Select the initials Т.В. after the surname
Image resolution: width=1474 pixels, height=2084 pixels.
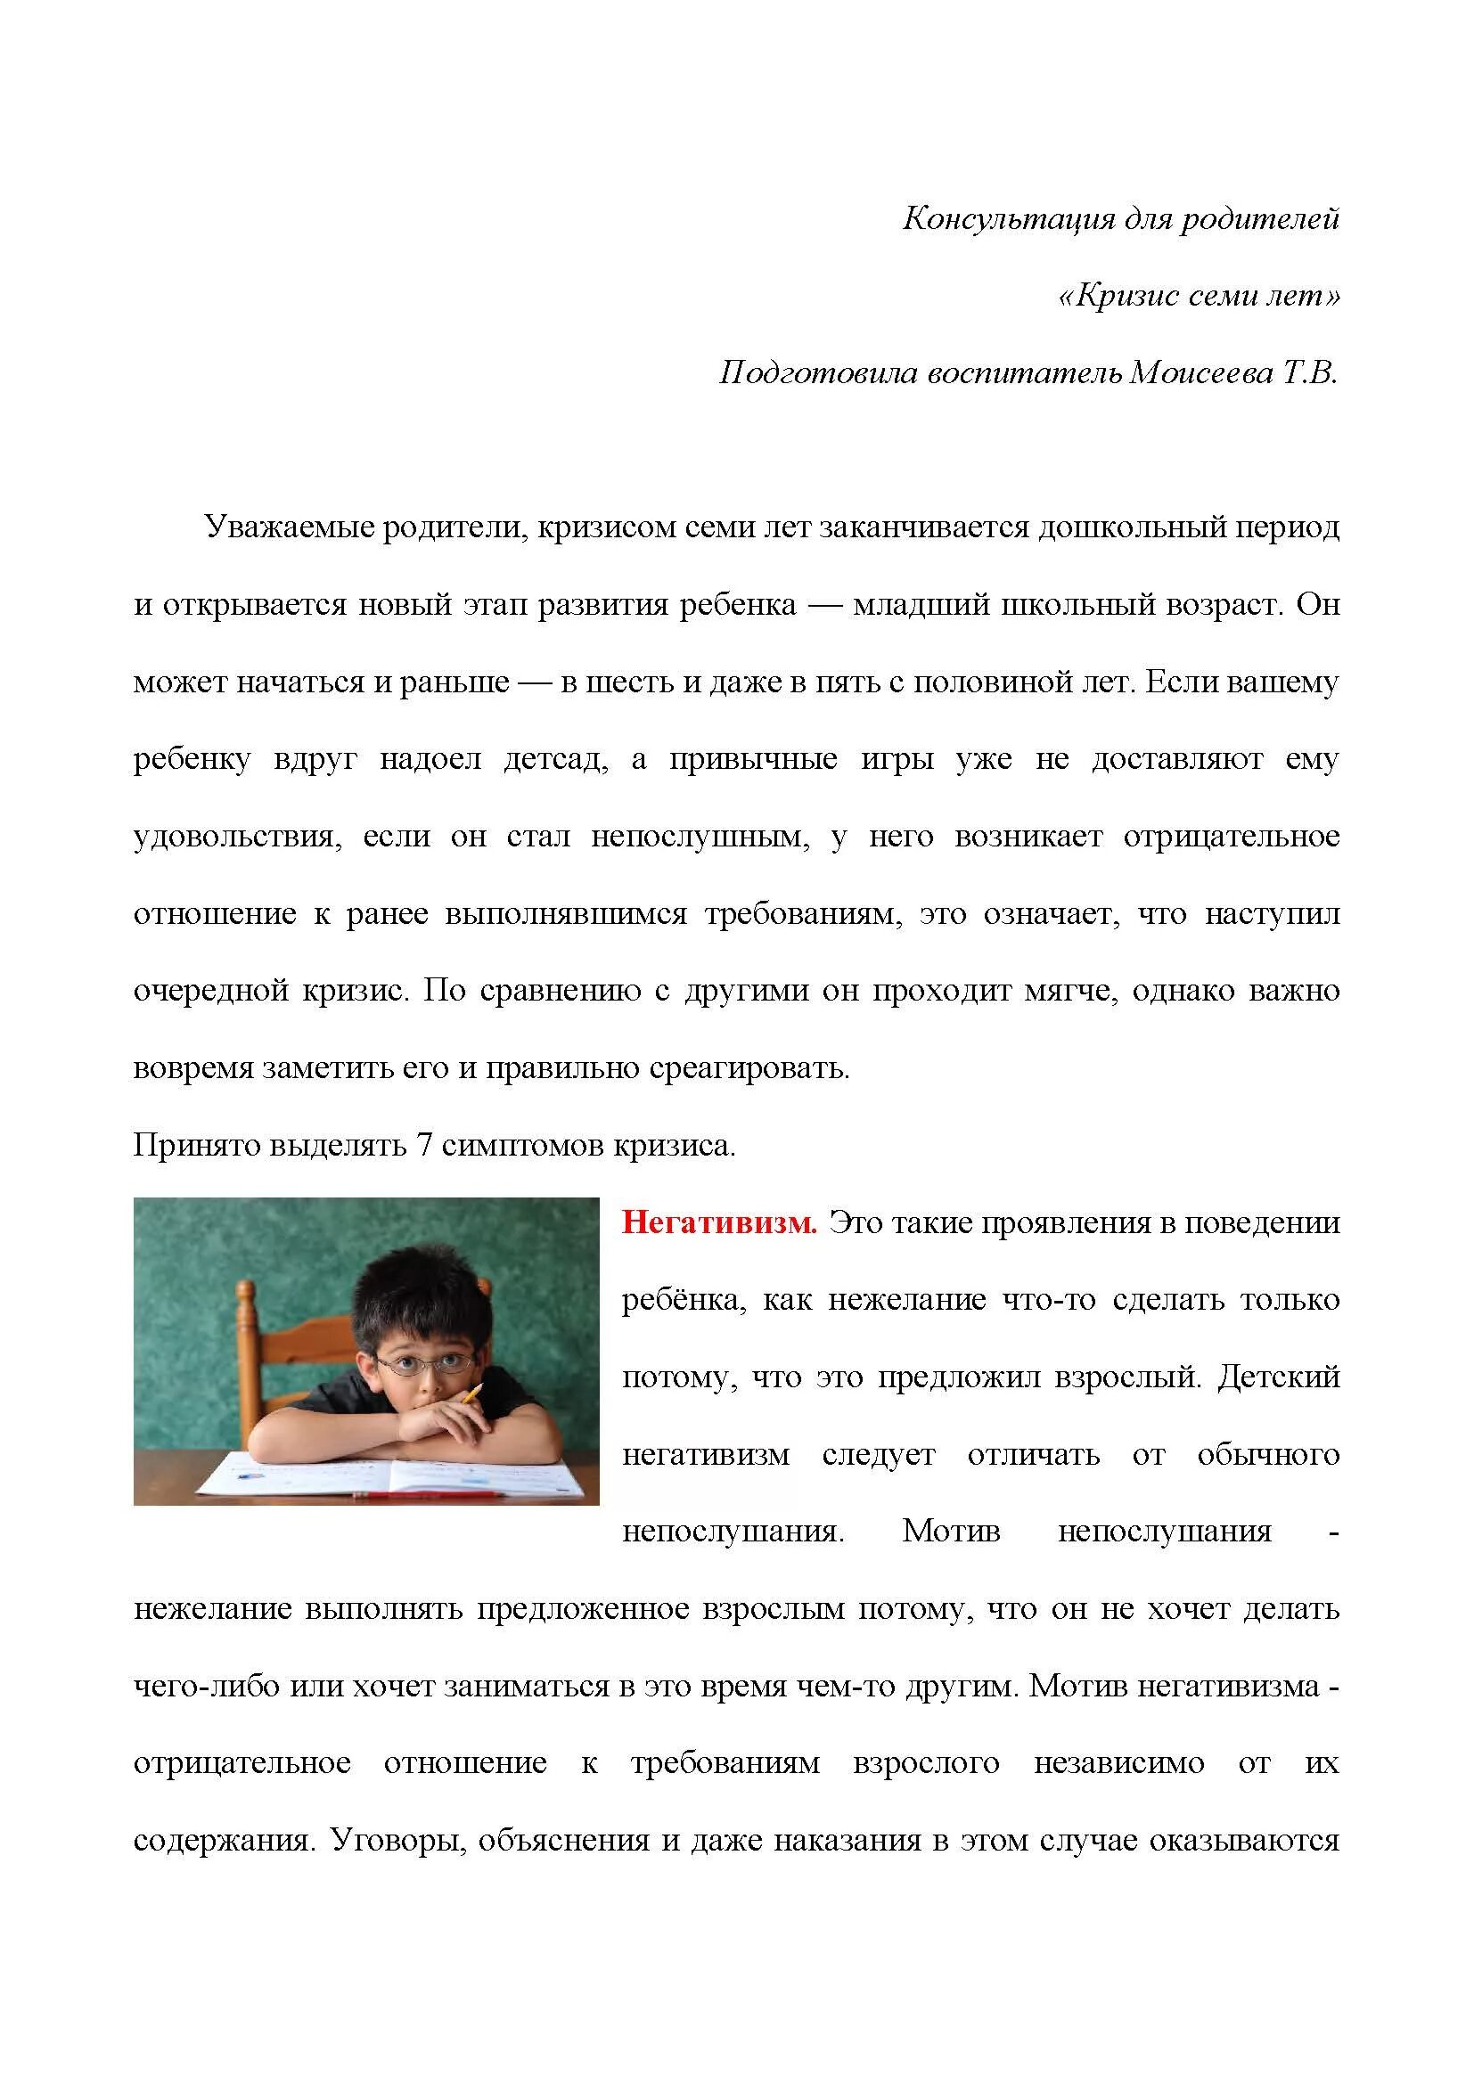pyautogui.click(x=1310, y=373)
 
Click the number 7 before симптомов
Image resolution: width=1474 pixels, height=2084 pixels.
pyautogui.click(x=423, y=1146)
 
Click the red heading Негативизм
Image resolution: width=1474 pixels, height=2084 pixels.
pyautogui.click(x=719, y=1222)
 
